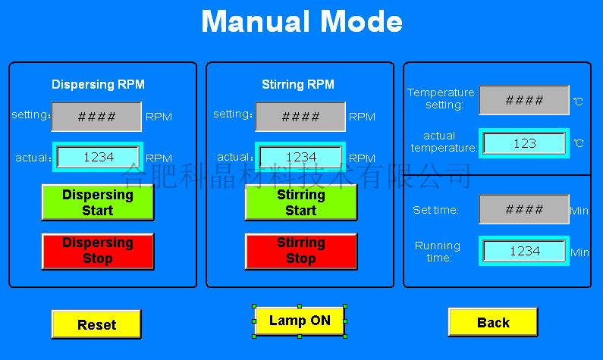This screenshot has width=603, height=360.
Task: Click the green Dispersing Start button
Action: coord(98,202)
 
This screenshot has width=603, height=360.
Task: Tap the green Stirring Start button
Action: coord(301,202)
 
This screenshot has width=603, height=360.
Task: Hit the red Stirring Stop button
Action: coord(301,251)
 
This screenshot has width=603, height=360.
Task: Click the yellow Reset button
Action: coord(96,324)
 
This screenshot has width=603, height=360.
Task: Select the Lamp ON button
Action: coord(300,321)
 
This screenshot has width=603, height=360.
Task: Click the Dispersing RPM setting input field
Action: coord(96,117)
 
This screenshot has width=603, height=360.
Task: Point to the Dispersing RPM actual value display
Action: coord(98,157)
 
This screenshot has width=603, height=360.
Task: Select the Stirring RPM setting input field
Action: coord(300,117)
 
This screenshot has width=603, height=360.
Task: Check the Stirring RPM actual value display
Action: coord(300,157)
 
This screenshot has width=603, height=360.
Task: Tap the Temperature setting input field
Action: coord(524,100)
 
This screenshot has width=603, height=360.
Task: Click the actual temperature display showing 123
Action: coord(524,143)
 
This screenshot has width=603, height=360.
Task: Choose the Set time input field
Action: coord(524,209)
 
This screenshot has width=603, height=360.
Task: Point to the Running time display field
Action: coord(524,251)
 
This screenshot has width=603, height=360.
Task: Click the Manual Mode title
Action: coord(302,21)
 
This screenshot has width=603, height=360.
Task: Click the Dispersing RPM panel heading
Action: coord(98,84)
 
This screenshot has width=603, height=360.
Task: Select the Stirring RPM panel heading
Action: coord(298,84)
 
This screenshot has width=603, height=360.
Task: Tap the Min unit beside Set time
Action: coord(579,211)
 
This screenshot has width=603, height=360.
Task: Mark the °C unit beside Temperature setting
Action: coord(579,102)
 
